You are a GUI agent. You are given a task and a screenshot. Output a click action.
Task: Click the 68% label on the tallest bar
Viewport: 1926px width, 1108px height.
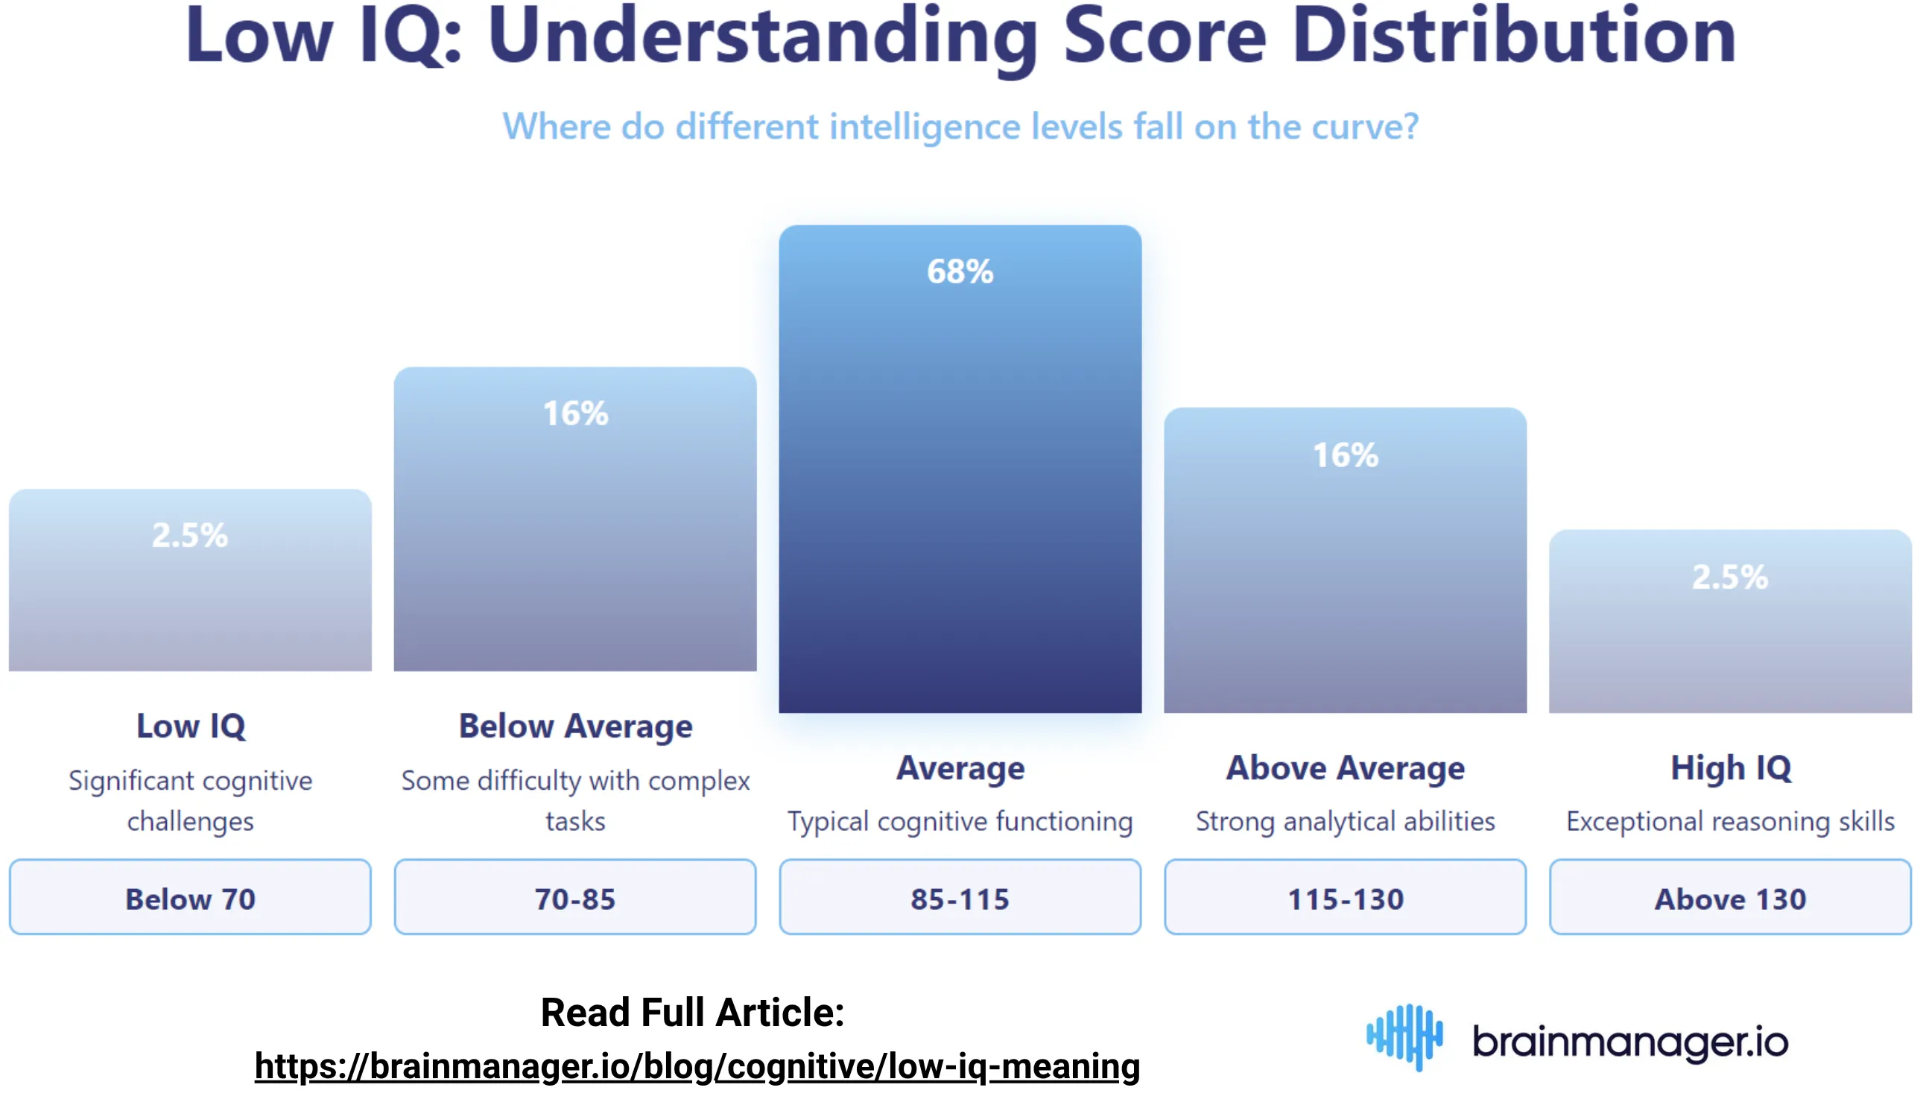[x=960, y=272]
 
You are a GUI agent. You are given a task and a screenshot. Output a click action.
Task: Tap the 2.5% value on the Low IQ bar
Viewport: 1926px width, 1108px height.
[x=189, y=535]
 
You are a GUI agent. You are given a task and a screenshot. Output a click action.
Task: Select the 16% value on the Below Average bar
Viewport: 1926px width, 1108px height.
[x=575, y=414]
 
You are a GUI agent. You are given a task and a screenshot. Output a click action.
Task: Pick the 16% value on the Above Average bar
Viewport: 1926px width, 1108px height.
[x=1345, y=455]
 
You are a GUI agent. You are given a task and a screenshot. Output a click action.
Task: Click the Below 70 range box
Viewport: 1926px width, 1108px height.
[x=190, y=897]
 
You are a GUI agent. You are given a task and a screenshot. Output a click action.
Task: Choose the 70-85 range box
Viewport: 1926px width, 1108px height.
[x=575, y=897]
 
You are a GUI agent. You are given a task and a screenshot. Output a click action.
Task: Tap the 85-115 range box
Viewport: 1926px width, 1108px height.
[x=960, y=897]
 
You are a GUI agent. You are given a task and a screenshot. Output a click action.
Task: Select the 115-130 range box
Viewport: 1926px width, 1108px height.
[x=1345, y=897]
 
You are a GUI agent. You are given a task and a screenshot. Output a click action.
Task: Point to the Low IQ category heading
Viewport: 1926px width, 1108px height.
[x=191, y=726]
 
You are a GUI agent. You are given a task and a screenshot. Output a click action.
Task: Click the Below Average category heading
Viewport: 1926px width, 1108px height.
[x=575, y=726]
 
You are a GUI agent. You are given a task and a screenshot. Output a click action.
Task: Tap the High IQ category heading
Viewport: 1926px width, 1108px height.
[x=1731, y=767]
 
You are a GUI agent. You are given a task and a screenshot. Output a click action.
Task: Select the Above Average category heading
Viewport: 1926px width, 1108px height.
[x=1345, y=767]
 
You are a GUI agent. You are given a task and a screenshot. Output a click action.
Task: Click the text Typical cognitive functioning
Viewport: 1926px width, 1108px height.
[x=960, y=822]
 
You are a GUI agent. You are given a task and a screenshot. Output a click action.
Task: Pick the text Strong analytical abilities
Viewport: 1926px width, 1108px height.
[x=1345, y=822]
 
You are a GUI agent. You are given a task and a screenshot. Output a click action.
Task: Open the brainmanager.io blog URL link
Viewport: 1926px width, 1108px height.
[x=697, y=1066]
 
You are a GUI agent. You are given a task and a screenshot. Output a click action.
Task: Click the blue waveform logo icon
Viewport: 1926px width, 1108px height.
[x=1404, y=1036]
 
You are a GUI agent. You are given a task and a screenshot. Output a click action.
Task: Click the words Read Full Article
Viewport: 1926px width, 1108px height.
[x=691, y=1012]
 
